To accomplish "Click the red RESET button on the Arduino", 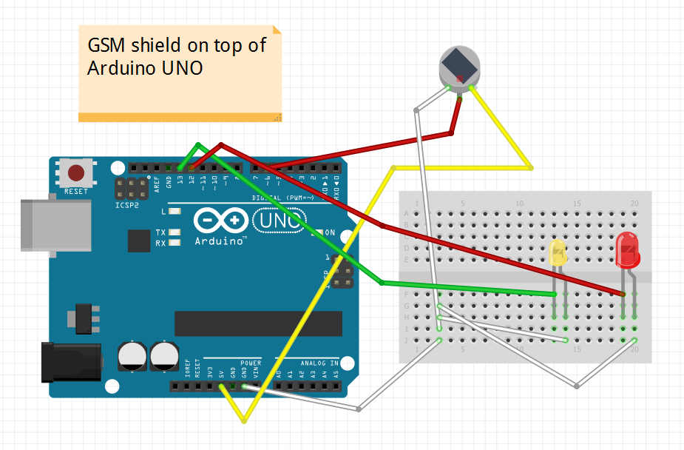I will pos(76,173).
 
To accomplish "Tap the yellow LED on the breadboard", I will pos(558,253).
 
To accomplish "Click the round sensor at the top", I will pos(459,66).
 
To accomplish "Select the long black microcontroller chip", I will pos(258,323).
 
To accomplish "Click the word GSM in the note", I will pos(106,45).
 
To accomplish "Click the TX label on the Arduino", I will pos(160,232).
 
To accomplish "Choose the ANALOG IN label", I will pos(319,363).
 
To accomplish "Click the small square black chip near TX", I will pos(138,241).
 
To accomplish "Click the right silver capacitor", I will pos(165,355).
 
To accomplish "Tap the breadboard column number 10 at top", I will pos(519,204).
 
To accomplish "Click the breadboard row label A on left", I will pos(405,213).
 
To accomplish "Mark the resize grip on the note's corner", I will pos(278,117).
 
